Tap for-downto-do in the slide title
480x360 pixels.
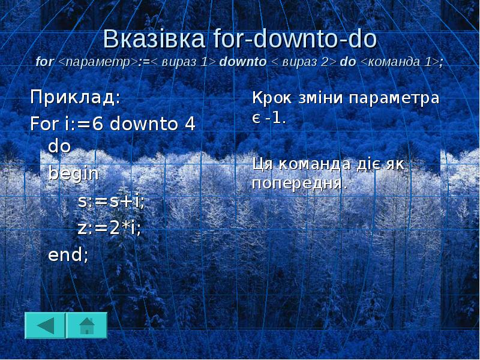tap(295, 40)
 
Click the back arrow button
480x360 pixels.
tap(45, 325)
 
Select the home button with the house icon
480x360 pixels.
tap(87, 325)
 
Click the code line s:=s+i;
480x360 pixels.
tap(112, 200)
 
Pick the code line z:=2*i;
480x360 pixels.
tap(110, 227)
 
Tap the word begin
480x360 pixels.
tap(73, 174)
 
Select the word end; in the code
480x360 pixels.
tap(68, 254)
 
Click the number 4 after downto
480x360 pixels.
tap(190, 124)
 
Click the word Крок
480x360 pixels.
tap(272, 98)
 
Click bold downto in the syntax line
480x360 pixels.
tap(242, 62)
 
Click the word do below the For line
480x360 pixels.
tap(59, 146)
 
